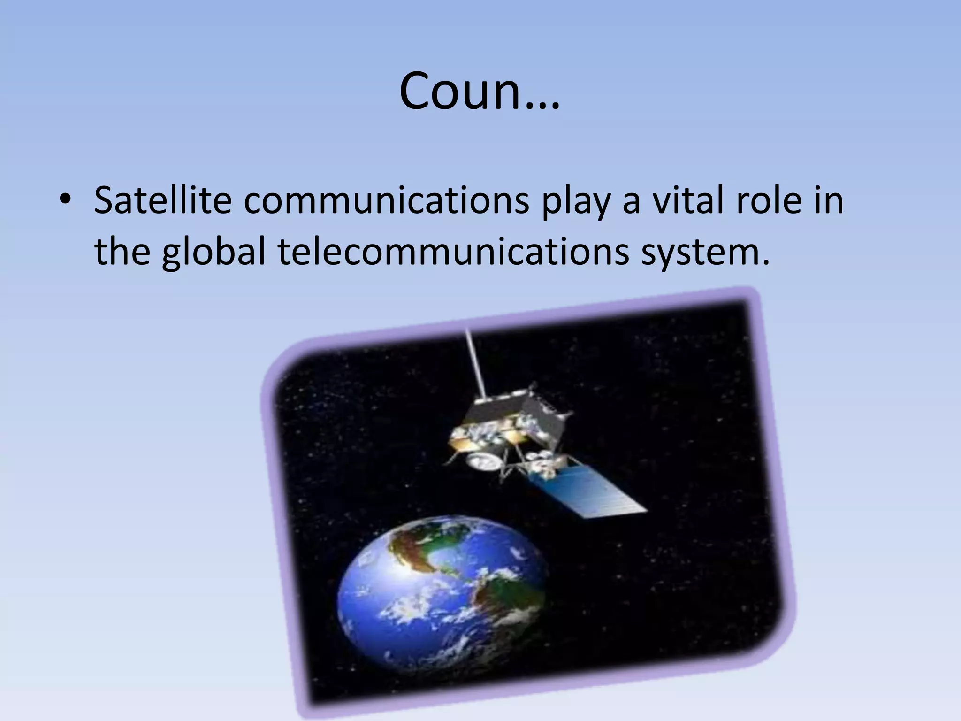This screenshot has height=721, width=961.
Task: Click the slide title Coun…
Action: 480,92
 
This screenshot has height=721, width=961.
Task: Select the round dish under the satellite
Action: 483,462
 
